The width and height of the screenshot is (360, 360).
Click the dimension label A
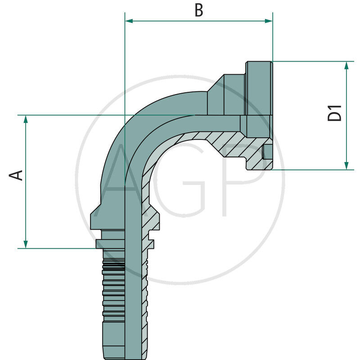click(17, 175)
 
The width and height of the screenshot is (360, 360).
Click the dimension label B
click(198, 10)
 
